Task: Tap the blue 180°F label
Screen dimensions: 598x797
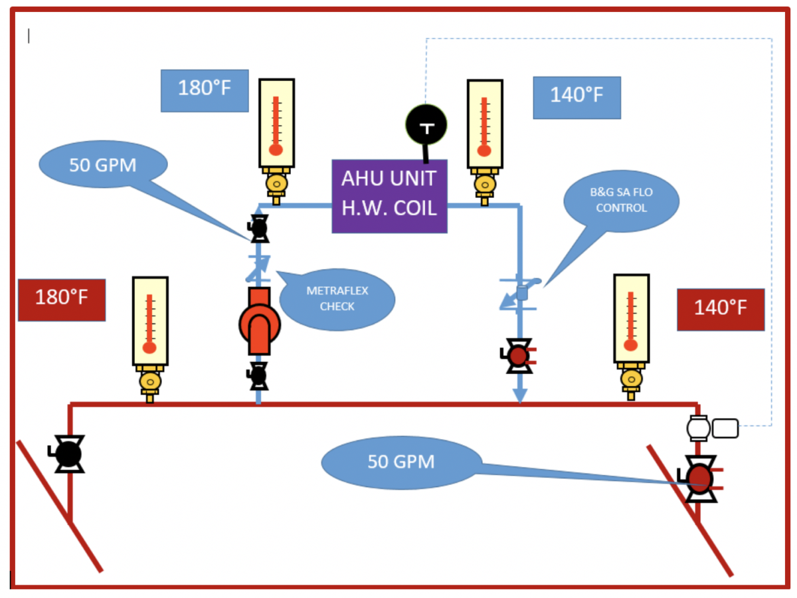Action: pos(205,90)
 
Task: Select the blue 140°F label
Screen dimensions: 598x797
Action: pos(576,97)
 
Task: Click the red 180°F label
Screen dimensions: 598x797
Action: pos(62,300)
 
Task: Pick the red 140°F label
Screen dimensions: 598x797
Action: pos(721,309)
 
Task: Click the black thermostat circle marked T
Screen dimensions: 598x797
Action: pos(426,125)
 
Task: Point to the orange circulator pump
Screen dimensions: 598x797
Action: pos(259,323)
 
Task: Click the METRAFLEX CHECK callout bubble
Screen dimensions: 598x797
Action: pos(337,299)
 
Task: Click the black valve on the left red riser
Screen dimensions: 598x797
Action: pos(68,454)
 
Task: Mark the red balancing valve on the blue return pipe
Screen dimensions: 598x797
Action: pos(518,356)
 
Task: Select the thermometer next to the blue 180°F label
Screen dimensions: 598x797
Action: pos(276,123)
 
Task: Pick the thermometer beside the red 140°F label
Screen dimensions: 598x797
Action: pos(630,320)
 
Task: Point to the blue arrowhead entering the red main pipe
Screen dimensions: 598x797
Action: pos(520,395)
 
